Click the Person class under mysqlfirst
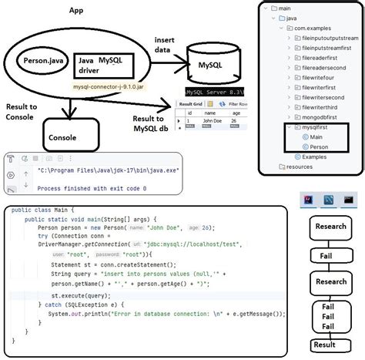[x=315, y=146]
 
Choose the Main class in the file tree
[x=312, y=136]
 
